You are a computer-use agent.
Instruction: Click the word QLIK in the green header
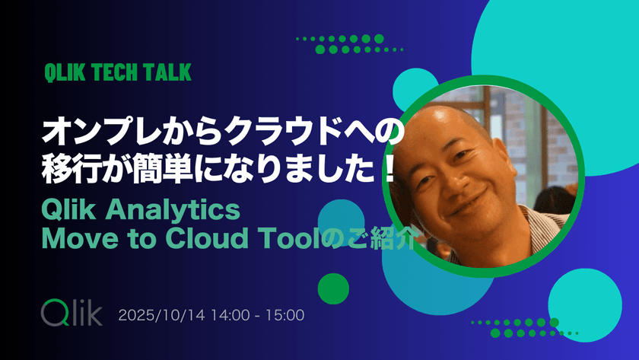64,73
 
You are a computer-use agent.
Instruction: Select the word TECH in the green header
115,73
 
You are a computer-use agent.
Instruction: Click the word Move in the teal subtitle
76,237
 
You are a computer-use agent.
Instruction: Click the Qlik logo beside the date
70,313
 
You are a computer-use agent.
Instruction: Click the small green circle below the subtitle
332,288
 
